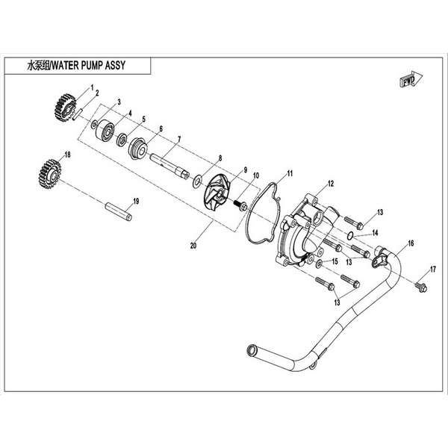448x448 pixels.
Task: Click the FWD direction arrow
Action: point(411,80)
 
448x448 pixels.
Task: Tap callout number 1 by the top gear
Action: point(92,87)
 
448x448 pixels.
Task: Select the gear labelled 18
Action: point(49,174)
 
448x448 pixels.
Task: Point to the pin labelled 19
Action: point(119,212)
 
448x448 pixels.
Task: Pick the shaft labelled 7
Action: point(169,167)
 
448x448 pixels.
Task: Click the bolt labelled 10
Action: point(240,206)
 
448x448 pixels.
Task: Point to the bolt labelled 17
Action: point(421,287)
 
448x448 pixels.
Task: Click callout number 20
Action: point(193,246)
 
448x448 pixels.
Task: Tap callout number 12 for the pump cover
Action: point(331,184)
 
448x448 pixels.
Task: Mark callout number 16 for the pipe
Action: point(411,243)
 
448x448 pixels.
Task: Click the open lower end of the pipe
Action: point(252,350)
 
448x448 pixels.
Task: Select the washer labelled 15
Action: point(319,264)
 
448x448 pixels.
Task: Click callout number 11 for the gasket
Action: point(290,173)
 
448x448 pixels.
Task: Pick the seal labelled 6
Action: point(138,148)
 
